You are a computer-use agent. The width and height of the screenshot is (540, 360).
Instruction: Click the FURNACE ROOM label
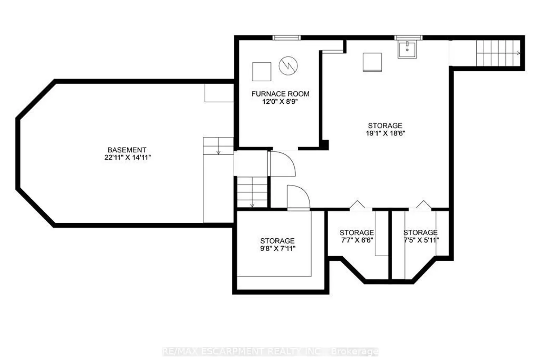point(280,94)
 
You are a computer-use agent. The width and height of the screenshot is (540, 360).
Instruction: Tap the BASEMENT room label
point(127,150)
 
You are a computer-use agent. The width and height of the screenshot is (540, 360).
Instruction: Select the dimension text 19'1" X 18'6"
point(385,133)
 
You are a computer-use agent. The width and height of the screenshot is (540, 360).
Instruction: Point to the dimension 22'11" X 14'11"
point(127,158)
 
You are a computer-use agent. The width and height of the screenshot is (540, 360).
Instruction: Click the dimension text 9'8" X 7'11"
point(278,249)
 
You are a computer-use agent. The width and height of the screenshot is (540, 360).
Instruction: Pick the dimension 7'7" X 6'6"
point(357,240)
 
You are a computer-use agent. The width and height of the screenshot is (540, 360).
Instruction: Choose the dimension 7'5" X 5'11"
point(421,240)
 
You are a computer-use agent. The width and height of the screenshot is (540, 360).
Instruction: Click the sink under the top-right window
point(407,49)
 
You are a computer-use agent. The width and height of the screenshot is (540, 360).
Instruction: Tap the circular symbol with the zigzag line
point(288,66)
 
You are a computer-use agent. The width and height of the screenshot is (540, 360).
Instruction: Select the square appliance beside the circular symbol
point(262,72)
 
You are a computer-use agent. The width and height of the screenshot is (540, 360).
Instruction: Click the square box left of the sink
point(372,62)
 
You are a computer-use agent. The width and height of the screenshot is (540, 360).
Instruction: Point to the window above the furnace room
point(287,38)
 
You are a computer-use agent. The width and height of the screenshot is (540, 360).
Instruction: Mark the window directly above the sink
point(408,38)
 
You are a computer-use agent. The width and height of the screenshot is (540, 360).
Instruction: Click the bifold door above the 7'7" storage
point(357,204)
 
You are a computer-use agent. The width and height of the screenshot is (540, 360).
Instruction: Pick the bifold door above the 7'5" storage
point(424,204)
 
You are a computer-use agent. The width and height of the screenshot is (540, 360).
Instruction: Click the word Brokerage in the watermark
point(355,352)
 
